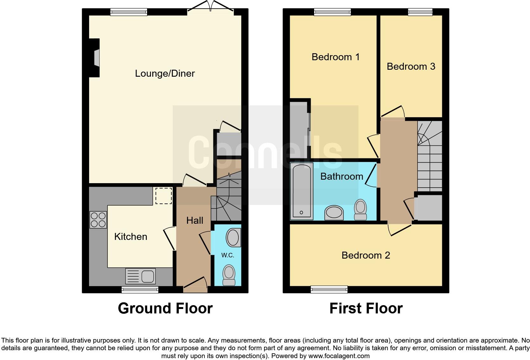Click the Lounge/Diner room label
pos(165,74)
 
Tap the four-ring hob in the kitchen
pos(98,220)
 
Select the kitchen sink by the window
pos(141,276)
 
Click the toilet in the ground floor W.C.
pos(229,275)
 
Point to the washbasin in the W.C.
pos(233,238)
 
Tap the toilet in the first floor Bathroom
pos(360,209)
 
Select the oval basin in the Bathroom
pos(334,212)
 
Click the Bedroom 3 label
pos(411,67)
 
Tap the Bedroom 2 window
pos(329,289)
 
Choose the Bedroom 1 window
pos(333,12)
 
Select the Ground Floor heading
pos(165,308)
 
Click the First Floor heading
pos(366,308)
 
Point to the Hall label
pos(195,221)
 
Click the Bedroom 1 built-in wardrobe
pos(299,130)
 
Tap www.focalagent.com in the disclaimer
pos(339,356)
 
